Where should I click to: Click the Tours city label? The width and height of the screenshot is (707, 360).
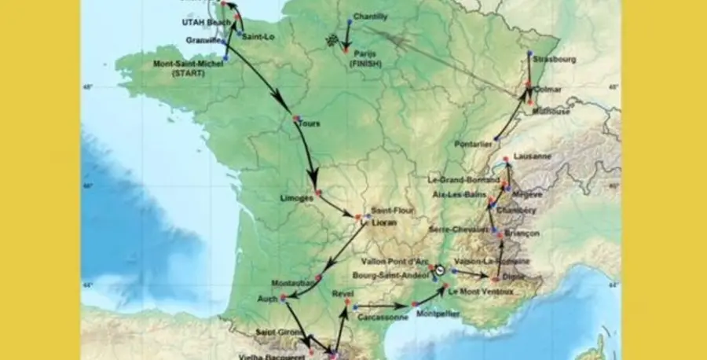click(x=310, y=123)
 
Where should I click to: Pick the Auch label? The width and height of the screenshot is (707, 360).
click(x=268, y=298)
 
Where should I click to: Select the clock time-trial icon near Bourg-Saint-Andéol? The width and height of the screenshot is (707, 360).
click(x=441, y=270)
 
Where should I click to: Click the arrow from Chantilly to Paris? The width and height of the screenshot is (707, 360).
click(x=347, y=33)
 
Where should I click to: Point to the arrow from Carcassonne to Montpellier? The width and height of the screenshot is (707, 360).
click(x=383, y=305)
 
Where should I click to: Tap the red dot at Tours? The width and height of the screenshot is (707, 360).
click(x=296, y=119)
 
